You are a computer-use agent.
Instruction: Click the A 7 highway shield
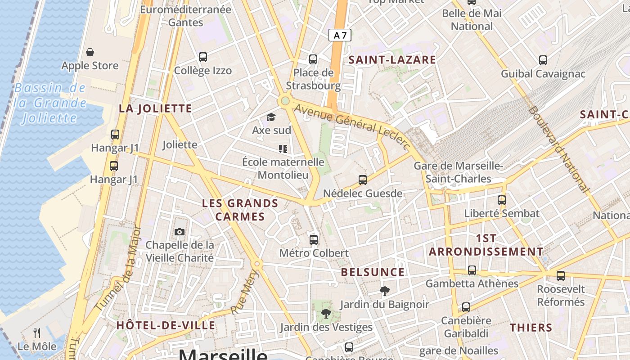point(340,35)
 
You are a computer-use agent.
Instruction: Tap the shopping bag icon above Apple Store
point(90,52)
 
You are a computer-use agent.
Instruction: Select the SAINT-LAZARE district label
point(392,60)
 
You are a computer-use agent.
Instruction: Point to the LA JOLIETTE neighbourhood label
point(155,108)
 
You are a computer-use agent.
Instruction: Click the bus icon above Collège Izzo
point(203,57)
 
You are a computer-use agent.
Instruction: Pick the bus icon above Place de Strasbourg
point(313,59)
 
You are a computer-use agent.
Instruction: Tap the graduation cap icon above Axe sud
point(271,117)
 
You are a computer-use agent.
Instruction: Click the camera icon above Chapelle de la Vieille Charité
point(180,232)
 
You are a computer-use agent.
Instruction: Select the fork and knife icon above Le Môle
point(37,333)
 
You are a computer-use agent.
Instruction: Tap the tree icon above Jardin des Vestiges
point(326,314)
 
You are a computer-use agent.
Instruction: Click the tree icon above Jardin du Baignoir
point(384,291)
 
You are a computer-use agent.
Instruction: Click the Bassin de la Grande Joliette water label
point(50,103)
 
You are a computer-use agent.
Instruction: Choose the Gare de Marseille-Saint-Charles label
point(458,172)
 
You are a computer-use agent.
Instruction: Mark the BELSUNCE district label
point(373,272)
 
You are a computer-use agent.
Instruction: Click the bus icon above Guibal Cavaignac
point(543,60)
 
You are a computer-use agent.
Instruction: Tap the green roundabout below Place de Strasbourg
point(284,101)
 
